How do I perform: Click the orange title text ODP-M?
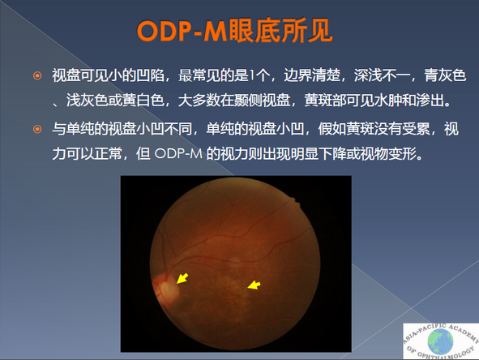pyautogui.click(x=182, y=31)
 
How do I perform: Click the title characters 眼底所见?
pyautogui.click(x=280, y=31)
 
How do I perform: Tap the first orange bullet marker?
pyautogui.click(x=37, y=75)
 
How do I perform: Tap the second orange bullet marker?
pyautogui.click(x=37, y=129)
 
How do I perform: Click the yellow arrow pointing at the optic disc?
pyautogui.click(x=182, y=278)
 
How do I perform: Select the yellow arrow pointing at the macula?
pyautogui.click(x=254, y=285)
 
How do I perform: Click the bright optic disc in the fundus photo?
pyautogui.click(x=169, y=290)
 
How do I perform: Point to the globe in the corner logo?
pyautogui.click(x=440, y=341)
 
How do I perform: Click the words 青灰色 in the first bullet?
pyautogui.click(x=445, y=75)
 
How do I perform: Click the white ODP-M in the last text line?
pyautogui.click(x=178, y=154)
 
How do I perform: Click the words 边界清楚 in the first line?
pyautogui.click(x=312, y=75)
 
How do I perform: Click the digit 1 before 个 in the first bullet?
pyautogui.click(x=252, y=75)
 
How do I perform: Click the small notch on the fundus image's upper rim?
pyautogui.click(x=294, y=200)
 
